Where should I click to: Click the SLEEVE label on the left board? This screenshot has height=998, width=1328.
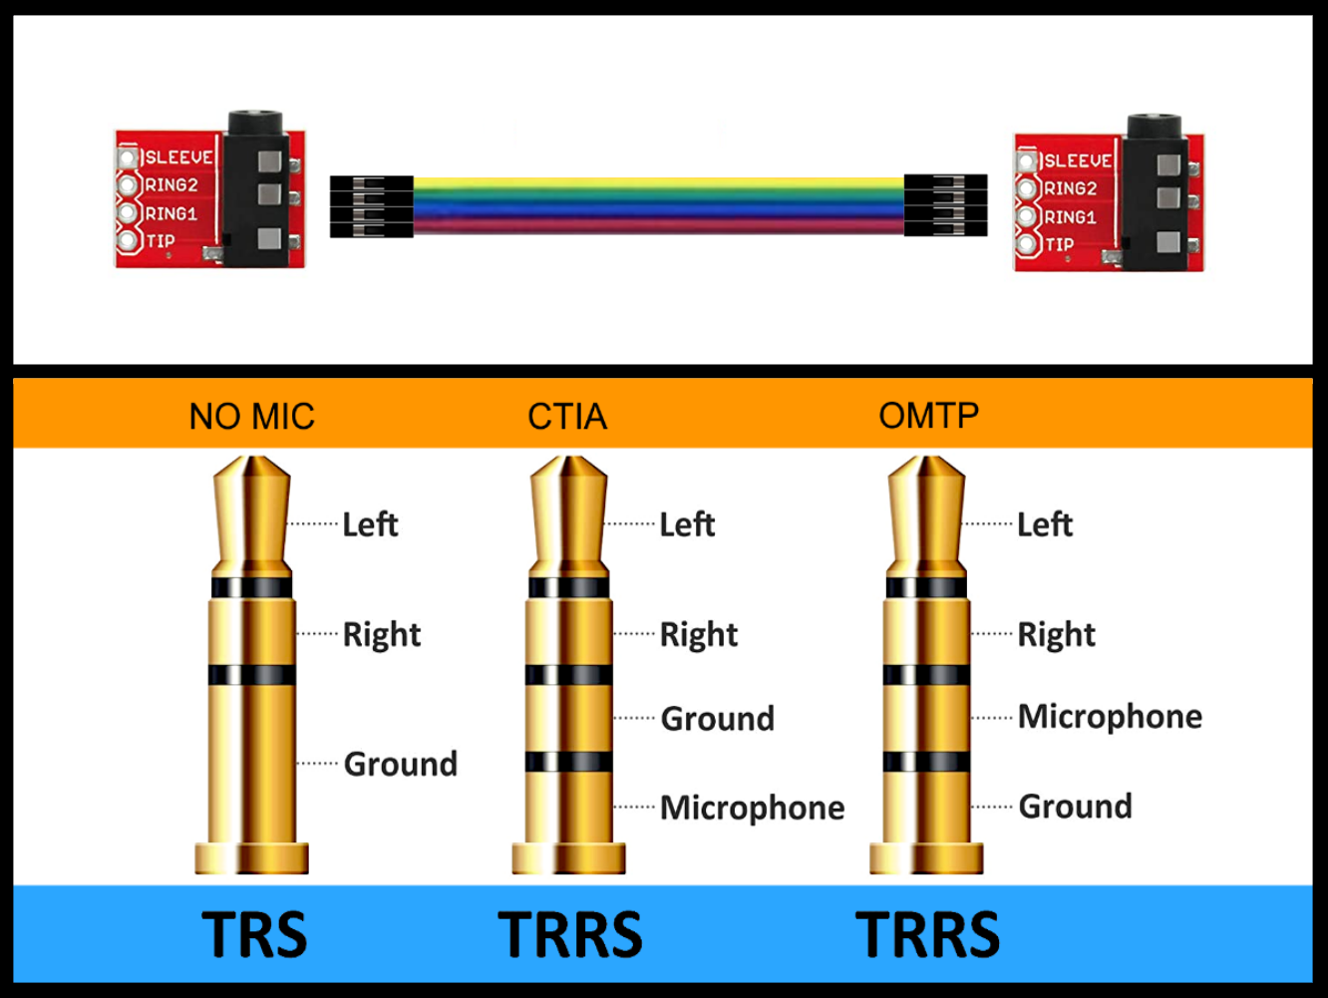pyautogui.click(x=178, y=158)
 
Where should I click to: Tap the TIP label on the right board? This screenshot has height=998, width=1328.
pyautogui.click(x=1059, y=244)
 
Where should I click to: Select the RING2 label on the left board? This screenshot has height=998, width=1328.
pyautogui.click(x=171, y=185)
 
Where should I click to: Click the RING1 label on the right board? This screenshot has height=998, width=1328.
pyautogui.click(x=1070, y=216)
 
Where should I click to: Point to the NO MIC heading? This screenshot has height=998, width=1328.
pyautogui.click(x=251, y=416)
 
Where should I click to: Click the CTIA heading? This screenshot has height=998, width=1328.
pyautogui.click(x=566, y=416)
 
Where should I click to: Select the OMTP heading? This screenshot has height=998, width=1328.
pyautogui.click(x=928, y=415)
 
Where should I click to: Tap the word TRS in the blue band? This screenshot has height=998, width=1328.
pyautogui.click(x=254, y=934)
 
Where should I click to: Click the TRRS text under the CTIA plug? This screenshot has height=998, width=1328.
pyautogui.click(x=570, y=934)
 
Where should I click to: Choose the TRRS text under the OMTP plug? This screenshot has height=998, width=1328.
pyautogui.click(x=927, y=934)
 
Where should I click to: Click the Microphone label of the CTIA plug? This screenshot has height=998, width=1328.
pyautogui.click(x=752, y=808)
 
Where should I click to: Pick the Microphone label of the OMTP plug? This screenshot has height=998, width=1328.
pyautogui.click(x=1110, y=716)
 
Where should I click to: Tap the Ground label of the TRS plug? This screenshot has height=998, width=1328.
pyautogui.click(x=400, y=764)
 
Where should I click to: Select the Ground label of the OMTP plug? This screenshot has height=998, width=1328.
pyautogui.click(x=1075, y=806)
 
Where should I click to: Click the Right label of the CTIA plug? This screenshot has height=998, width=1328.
pyautogui.click(x=698, y=634)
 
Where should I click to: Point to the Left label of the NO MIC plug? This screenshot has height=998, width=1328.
pyautogui.click(x=370, y=524)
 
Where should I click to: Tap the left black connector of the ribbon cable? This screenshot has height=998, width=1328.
pyautogui.click(x=371, y=206)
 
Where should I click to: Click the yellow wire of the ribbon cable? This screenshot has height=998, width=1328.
pyautogui.click(x=658, y=183)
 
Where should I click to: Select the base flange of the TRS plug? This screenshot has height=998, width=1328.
pyautogui.click(x=251, y=857)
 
